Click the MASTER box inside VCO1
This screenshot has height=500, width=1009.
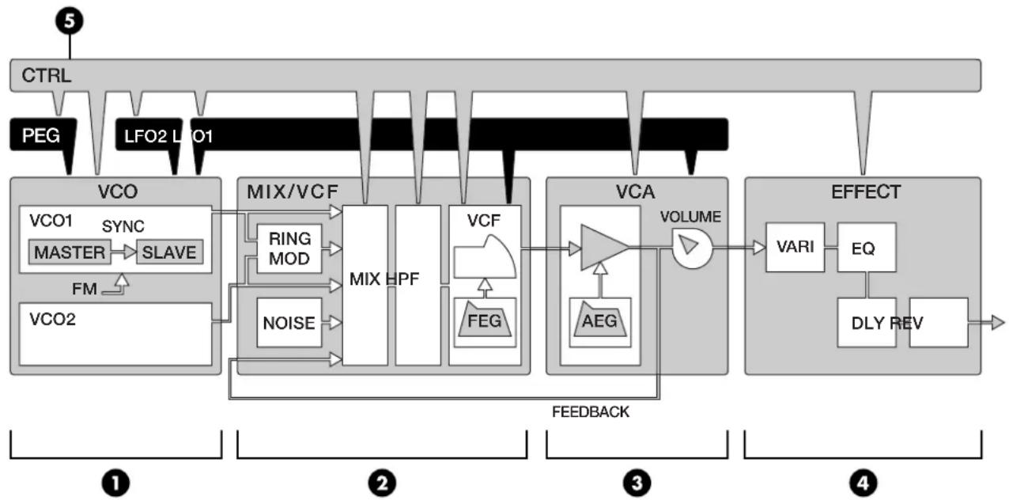(70, 252)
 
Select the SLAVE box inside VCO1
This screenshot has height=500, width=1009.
(169, 252)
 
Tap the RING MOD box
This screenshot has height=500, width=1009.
(289, 248)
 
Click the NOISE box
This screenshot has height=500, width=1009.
(289, 322)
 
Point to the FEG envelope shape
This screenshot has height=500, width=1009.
(485, 319)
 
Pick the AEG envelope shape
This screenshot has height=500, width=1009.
(599, 319)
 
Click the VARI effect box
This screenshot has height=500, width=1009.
(795, 247)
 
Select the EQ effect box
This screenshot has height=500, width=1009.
(867, 247)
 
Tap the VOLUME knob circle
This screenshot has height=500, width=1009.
(693, 248)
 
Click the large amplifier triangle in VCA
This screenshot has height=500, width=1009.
(601, 248)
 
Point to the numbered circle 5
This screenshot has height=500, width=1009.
(70, 21)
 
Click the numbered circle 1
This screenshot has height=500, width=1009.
(115, 483)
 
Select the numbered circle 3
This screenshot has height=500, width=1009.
(637, 483)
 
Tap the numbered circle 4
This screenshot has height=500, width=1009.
(863, 483)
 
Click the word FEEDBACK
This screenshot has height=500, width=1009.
(591, 411)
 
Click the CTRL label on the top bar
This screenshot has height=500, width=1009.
(47, 75)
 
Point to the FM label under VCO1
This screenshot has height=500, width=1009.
(85, 289)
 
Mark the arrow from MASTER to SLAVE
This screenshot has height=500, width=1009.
(124, 252)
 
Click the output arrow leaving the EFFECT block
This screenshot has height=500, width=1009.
(987, 322)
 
